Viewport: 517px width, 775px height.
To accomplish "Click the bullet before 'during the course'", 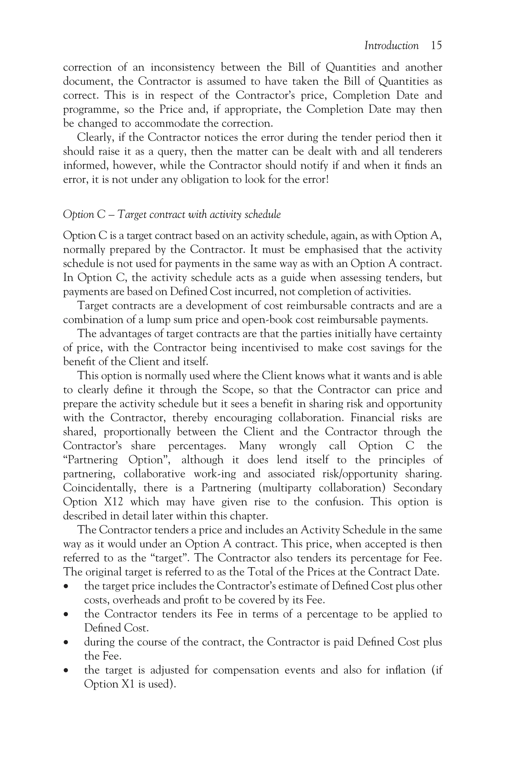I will tap(67, 643).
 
